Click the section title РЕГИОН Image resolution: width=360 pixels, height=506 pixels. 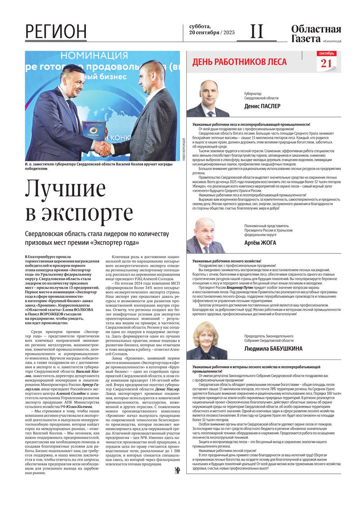(56, 32)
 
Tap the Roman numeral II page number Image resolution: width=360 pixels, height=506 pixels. (256, 31)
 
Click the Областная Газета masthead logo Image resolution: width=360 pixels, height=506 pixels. (316, 34)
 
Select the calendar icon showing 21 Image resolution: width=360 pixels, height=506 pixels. (326, 61)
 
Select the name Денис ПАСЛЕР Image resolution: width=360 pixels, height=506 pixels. (262, 106)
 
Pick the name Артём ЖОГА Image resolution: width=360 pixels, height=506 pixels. (260, 243)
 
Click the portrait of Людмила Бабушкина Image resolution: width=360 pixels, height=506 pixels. (205, 340)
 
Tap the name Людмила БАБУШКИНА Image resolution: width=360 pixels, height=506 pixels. (273, 349)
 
